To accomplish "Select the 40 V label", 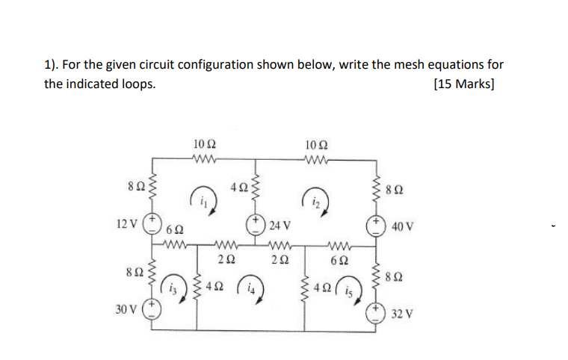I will click(401, 224).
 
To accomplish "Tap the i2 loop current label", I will click(315, 200).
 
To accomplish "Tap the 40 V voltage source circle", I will click(376, 224).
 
